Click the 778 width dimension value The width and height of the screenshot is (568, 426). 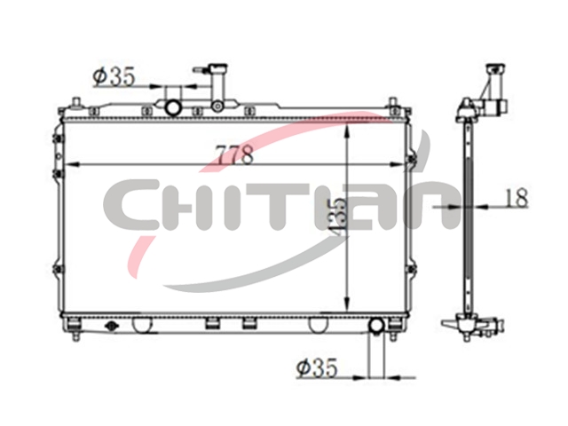tap(234, 154)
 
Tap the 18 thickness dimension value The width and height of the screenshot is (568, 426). tap(516, 198)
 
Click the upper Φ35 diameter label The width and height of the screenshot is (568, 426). tap(114, 76)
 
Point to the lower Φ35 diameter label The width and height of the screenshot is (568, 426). tap(317, 367)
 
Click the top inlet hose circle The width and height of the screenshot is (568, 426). tap(173, 107)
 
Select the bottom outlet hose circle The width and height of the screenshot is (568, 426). tap(376, 326)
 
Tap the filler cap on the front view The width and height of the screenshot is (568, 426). tap(217, 68)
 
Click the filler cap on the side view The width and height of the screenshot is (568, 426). tap(496, 69)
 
